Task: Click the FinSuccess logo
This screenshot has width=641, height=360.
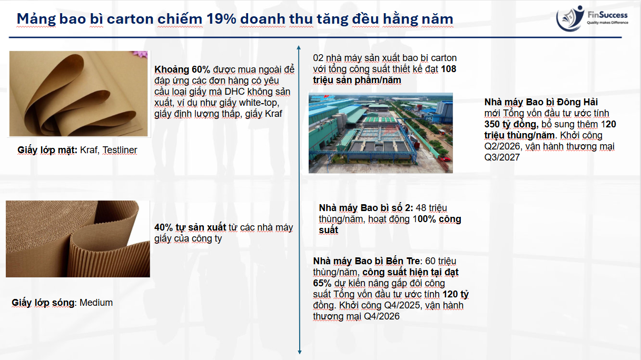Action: pos(592,18)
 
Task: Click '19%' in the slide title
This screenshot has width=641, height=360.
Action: pos(221,19)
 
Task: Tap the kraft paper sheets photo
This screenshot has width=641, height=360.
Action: pos(78,94)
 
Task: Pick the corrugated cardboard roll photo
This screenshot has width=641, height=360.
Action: pos(78,239)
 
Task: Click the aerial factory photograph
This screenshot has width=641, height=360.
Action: pos(381,133)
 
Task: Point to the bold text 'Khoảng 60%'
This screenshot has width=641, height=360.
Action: pos(182,69)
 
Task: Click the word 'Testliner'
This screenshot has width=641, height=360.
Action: pos(120,150)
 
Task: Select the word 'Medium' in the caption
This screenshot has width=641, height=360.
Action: pos(96,303)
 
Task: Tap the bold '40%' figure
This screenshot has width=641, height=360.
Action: pos(164,227)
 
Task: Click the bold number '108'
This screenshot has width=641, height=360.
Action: pos(448,69)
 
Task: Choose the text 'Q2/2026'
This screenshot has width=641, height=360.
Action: pos(502,146)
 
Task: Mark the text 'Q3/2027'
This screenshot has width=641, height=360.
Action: pos(502,157)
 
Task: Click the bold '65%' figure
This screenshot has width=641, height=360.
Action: pos(322,283)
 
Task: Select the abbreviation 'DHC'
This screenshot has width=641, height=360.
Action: pos(234,92)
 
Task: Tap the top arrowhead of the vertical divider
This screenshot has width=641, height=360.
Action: pos(299,47)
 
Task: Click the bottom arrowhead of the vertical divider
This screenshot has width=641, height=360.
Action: pos(300,352)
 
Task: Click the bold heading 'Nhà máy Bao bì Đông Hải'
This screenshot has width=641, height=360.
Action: pos(541,102)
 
